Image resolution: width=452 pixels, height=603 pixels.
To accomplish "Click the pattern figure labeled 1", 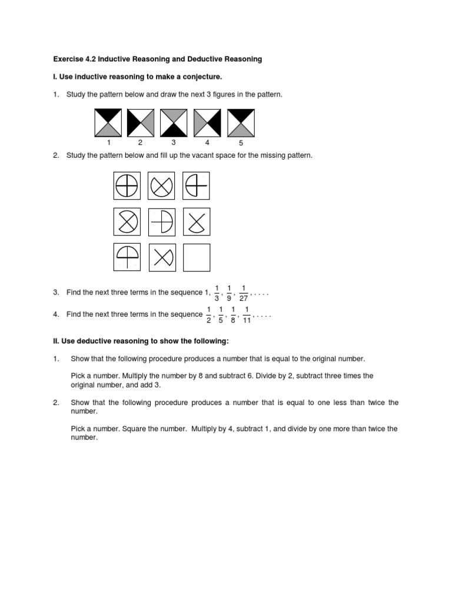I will click(108, 122).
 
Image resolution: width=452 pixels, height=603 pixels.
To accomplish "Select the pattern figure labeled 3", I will click(174, 122).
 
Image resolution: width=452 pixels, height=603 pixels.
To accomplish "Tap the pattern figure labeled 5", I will click(240, 122).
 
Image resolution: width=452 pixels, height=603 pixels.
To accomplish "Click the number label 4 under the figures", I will click(207, 143).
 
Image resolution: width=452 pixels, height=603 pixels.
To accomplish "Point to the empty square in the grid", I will click(197, 257).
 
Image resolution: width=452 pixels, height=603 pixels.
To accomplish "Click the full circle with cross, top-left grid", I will click(127, 186).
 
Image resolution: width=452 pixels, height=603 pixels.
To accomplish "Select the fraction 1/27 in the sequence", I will click(243, 293).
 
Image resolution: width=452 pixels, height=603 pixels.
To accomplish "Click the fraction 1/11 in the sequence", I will click(247, 315).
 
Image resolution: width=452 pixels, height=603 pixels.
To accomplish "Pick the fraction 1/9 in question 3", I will click(228, 293).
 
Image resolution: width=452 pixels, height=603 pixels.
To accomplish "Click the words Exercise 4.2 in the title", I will click(74, 59).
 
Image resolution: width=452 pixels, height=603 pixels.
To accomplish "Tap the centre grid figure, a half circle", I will click(161, 222).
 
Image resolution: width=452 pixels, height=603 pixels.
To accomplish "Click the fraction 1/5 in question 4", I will click(221, 315).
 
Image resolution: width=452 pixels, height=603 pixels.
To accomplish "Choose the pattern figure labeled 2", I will click(140, 122).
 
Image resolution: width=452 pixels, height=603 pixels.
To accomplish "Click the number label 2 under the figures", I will click(140, 143).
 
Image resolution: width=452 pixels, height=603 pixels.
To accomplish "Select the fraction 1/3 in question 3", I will click(217, 293).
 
